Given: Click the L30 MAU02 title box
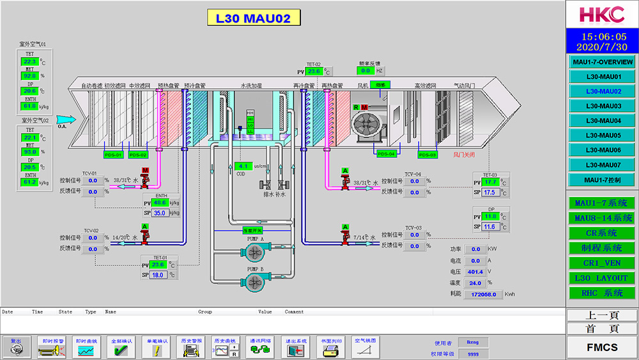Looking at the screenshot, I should point(253,18).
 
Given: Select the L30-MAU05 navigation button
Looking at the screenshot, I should point(603,135).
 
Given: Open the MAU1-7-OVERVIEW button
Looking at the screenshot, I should point(603,62).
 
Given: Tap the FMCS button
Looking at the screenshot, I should point(603,347).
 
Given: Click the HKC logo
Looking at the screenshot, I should point(603,15).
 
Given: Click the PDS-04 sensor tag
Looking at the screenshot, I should point(386,154).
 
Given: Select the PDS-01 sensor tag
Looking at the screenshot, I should point(113,155).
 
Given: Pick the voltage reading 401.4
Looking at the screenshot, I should point(475,272).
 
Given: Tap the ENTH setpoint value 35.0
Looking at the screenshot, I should point(160,213).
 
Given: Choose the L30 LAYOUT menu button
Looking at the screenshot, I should point(603,278).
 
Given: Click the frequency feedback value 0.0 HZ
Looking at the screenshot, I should point(366,71).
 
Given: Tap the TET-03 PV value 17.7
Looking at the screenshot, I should point(490,182).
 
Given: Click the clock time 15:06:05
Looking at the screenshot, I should point(603,37).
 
